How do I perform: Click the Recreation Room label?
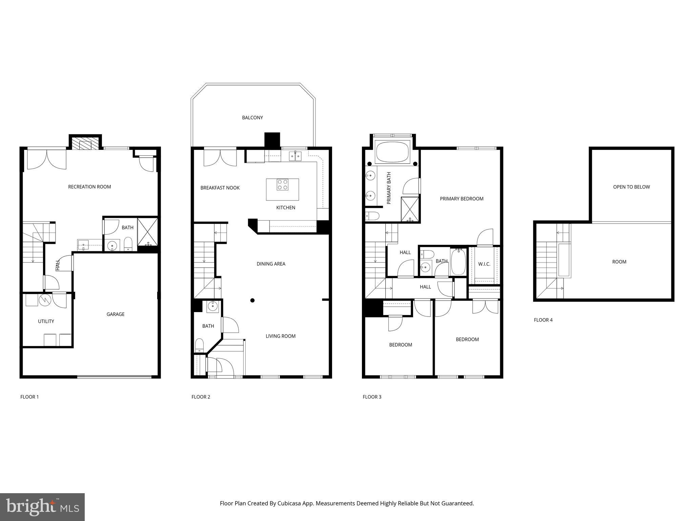click(x=89, y=187)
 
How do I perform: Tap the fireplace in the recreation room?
click(x=85, y=143)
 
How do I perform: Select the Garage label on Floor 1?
click(x=116, y=314)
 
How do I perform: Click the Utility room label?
click(x=46, y=321)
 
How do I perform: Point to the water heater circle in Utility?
click(x=45, y=300)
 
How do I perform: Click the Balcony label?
click(x=252, y=118)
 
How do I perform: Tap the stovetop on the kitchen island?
click(x=282, y=185)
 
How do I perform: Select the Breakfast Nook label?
click(x=220, y=188)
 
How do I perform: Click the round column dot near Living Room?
click(x=252, y=300)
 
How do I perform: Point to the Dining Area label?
click(x=271, y=264)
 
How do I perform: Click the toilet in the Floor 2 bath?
click(x=200, y=345)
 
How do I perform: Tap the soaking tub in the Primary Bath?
click(x=392, y=152)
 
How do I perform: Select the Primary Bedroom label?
click(x=462, y=199)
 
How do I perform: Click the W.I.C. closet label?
click(x=484, y=264)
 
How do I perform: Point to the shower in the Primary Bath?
click(x=410, y=209)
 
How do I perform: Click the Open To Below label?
click(x=631, y=187)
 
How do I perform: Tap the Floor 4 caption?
click(x=543, y=320)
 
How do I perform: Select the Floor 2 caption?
click(x=201, y=397)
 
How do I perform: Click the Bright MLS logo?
click(x=42, y=507)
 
